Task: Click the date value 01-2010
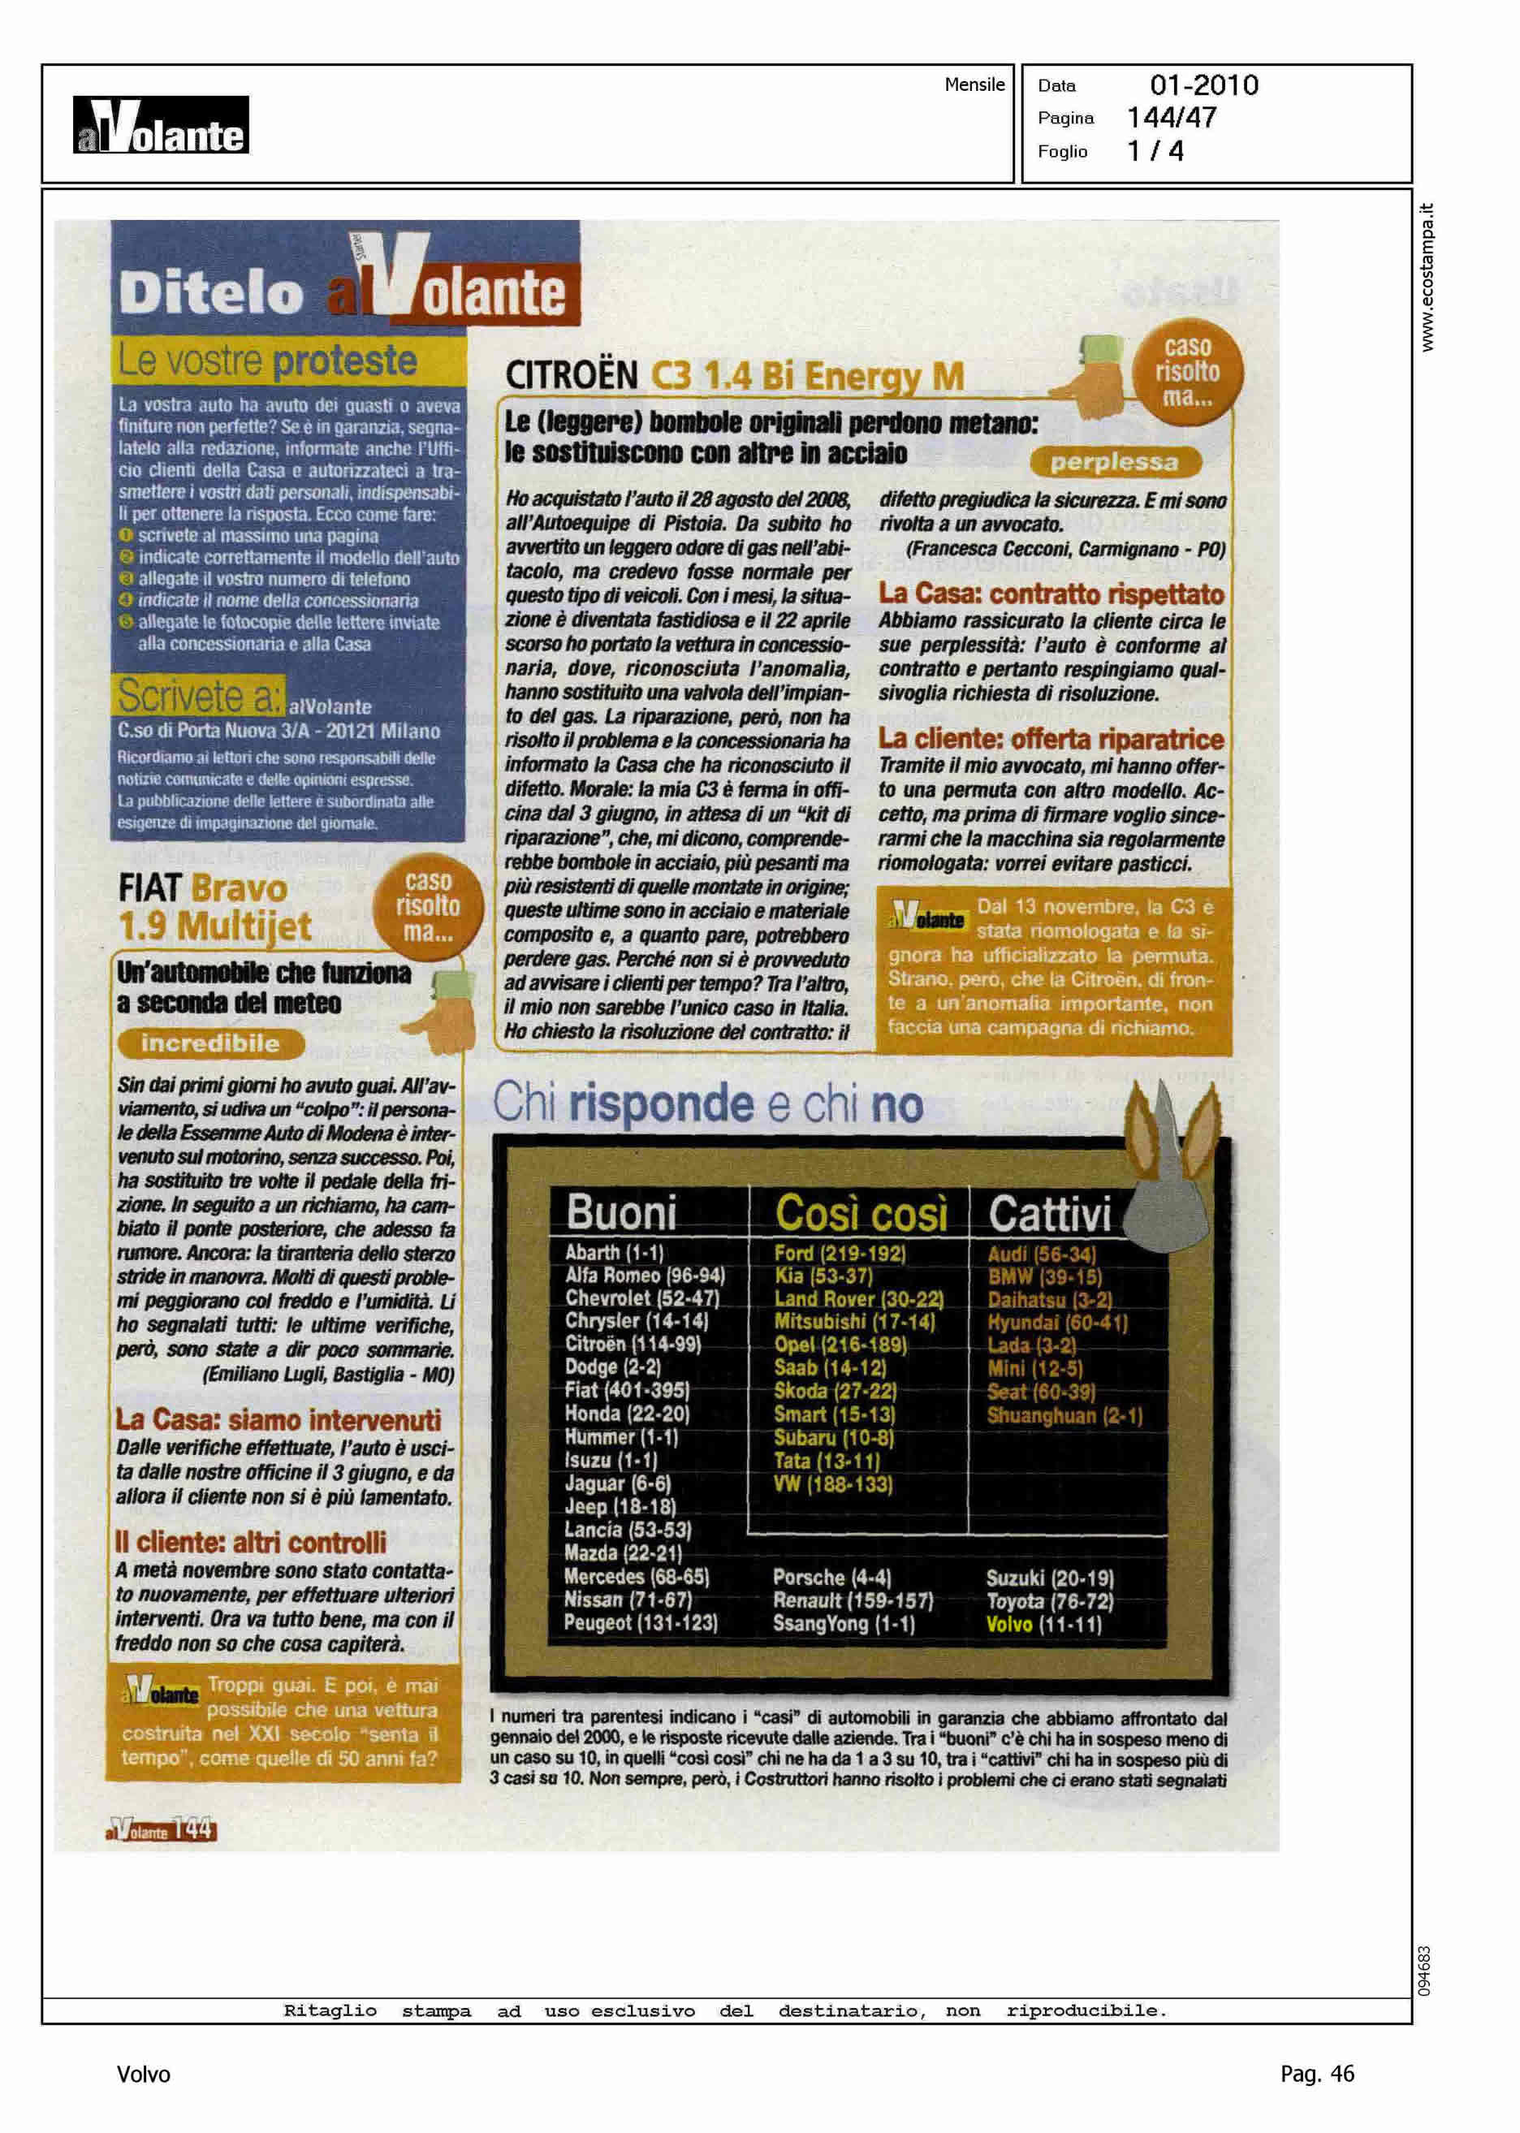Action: point(1203,86)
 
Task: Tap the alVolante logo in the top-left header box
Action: point(161,125)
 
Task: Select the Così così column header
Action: point(860,1213)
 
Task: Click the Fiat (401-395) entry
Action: point(626,1391)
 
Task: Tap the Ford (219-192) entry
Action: point(839,1253)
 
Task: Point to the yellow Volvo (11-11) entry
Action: point(1043,1624)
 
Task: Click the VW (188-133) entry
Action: point(833,1484)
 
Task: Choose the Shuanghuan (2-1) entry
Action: point(1064,1415)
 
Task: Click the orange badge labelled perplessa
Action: point(1113,462)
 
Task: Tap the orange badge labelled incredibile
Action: point(210,1043)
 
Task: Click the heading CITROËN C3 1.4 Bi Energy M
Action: point(735,376)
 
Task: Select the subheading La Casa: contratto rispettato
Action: point(1051,594)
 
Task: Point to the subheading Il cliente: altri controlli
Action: point(250,1541)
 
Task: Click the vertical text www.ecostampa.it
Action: point(1427,278)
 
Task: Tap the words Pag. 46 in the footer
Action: point(1316,2074)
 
